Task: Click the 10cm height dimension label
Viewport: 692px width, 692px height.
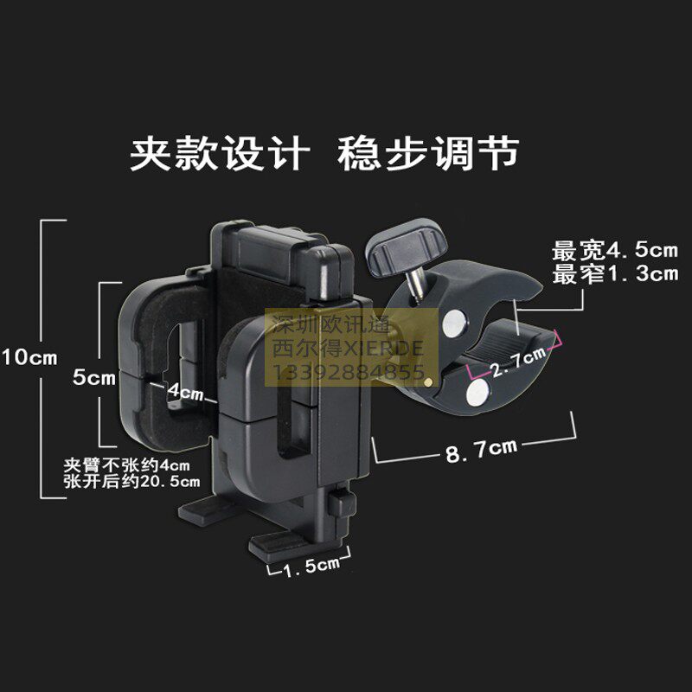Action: (29, 356)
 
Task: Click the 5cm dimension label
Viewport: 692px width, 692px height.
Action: (93, 378)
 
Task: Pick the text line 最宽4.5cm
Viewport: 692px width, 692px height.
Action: (615, 252)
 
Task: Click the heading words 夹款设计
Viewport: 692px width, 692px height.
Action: (220, 155)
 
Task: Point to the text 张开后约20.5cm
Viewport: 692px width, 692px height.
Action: (131, 481)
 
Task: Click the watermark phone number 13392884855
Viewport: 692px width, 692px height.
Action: (349, 374)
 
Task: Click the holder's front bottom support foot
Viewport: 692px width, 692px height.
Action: (281, 544)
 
